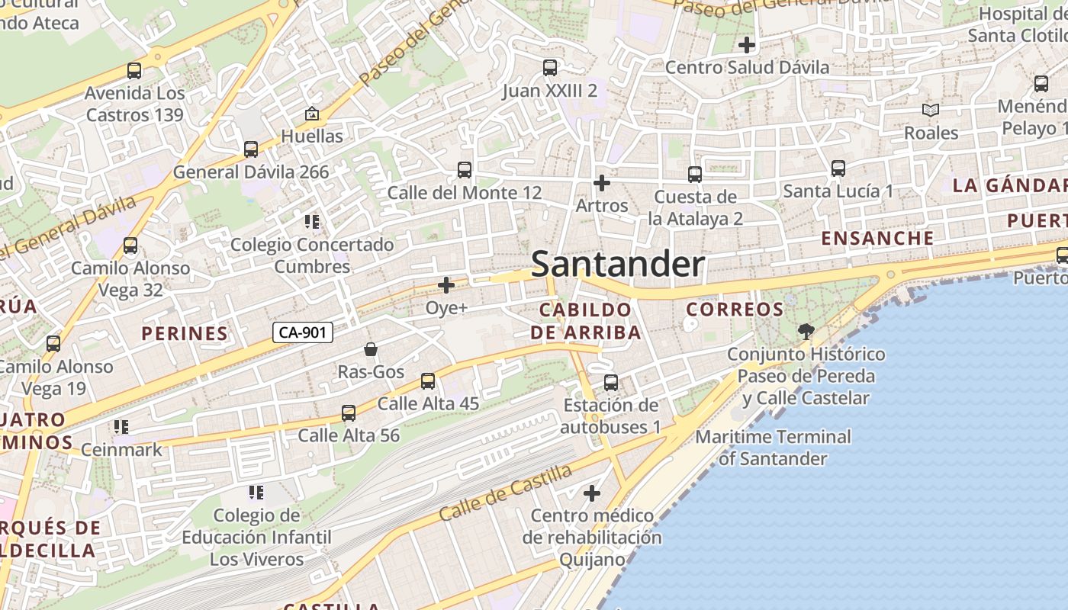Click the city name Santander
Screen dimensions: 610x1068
pyautogui.click(x=617, y=264)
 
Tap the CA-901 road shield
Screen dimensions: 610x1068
pyautogui.click(x=303, y=332)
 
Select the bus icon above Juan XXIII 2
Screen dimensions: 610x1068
pyautogui.click(x=550, y=68)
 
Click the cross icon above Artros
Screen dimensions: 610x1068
pyautogui.click(x=602, y=183)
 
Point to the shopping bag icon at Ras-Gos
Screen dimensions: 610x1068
pyautogui.click(x=371, y=349)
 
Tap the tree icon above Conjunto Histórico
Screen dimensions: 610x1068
pyautogui.click(x=806, y=331)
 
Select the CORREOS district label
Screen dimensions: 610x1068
pyautogui.click(x=735, y=309)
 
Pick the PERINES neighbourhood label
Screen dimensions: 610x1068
pyautogui.click(x=185, y=333)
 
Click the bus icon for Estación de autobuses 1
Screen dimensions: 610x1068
pyautogui.click(x=611, y=383)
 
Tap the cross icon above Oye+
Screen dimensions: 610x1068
pyautogui.click(x=446, y=285)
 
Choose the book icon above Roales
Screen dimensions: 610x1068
pyautogui.click(x=931, y=111)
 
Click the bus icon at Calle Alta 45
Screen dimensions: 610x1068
pyautogui.click(x=428, y=381)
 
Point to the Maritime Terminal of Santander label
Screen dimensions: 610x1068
pyautogui.click(x=773, y=448)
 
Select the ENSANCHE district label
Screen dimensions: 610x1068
pyautogui.click(x=877, y=238)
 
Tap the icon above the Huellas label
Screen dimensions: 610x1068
pyautogui.click(x=311, y=114)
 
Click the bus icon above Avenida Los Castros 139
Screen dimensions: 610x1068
pyautogui.click(x=134, y=71)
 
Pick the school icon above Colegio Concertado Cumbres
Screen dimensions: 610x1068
pyautogui.click(x=311, y=222)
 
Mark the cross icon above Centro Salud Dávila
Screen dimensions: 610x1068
pyautogui.click(x=747, y=45)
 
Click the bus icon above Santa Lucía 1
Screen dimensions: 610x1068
pyautogui.click(x=838, y=169)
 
